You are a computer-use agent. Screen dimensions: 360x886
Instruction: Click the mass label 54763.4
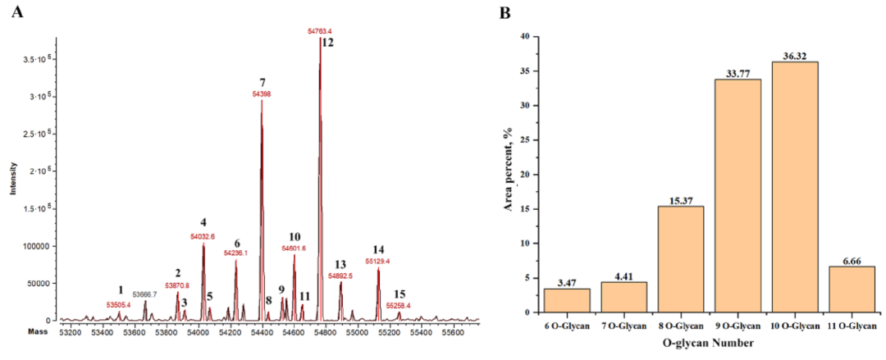click(x=320, y=31)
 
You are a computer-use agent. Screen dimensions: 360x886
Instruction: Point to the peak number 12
click(x=327, y=43)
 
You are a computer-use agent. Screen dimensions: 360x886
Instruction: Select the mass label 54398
click(x=262, y=94)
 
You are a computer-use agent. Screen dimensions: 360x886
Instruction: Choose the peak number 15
click(x=400, y=294)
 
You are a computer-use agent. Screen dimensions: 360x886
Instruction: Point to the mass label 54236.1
click(x=236, y=253)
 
